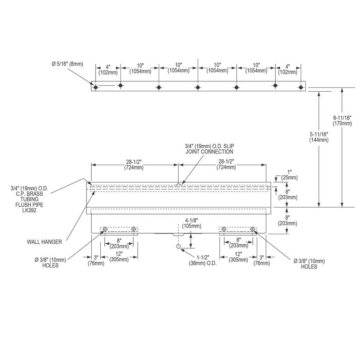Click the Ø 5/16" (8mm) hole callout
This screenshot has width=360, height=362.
(67, 64)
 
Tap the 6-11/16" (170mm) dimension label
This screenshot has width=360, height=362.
(342, 121)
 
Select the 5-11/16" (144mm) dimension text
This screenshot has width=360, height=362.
(319, 137)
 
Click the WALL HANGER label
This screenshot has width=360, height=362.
(44, 242)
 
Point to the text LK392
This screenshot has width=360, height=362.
(29, 210)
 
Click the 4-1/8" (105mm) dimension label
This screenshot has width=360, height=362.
(192, 223)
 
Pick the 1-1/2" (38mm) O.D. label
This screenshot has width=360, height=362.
(203, 260)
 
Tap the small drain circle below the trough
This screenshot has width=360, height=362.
(178, 246)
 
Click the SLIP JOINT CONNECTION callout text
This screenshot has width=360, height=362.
(209, 149)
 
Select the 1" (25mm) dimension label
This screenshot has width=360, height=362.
(289, 175)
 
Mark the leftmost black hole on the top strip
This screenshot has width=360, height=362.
(96, 87)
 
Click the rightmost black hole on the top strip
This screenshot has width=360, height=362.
(301, 87)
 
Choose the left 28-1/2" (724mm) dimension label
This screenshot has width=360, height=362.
(134, 165)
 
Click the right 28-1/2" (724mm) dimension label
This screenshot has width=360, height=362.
(226, 164)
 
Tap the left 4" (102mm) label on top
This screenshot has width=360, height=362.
(108, 70)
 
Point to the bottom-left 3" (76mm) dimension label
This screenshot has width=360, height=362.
(96, 260)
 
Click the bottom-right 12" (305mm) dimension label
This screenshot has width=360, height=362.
(238, 257)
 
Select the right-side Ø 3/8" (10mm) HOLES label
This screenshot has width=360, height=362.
(309, 264)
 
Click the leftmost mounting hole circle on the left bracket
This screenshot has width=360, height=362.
(105, 229)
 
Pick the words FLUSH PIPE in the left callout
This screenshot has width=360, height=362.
(29, 205)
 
